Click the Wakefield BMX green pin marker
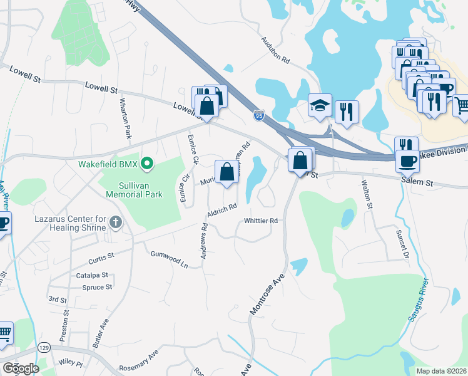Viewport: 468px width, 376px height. click(x=147, y=164)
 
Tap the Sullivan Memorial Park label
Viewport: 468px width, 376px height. click(x=141, y=190)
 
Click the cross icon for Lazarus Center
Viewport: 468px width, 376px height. click(x=115, y=222)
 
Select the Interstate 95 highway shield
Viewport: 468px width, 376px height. click(x=259, y=115)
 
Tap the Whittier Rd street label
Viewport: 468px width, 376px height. click(x=261, y=221)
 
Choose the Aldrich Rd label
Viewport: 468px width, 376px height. click(x=222, y=212)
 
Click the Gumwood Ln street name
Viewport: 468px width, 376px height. click(x=169, y=258)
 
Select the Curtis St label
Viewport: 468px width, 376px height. click(x=101, y=256)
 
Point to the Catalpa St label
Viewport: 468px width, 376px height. click(x=93, y=275)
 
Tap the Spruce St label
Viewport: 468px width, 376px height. click(x=97, y=287)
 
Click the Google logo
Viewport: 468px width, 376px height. click(x=21, y=368)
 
